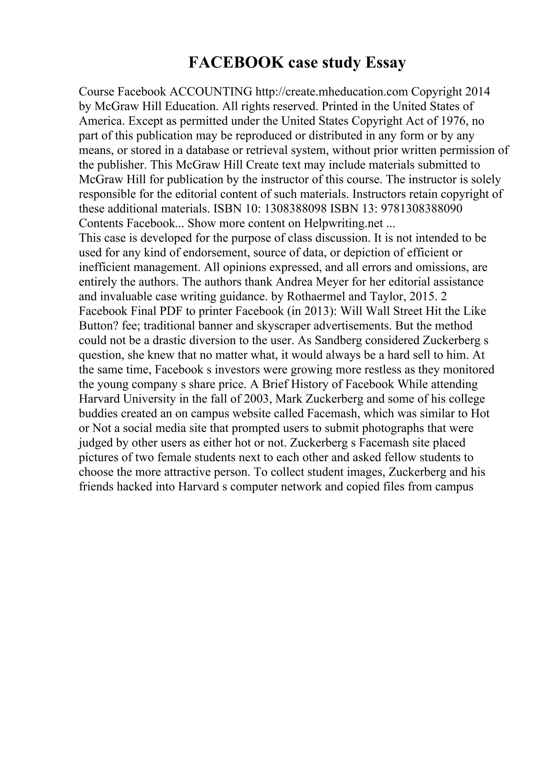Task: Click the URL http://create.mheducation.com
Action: tap(332, 92)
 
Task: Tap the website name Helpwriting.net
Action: tap(343, 223)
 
